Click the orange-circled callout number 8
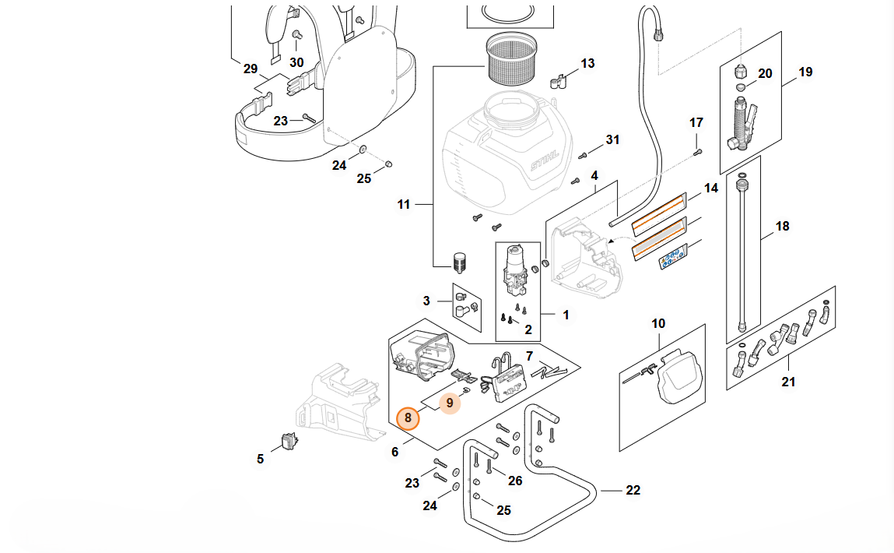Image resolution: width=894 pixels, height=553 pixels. [x=408, y=418]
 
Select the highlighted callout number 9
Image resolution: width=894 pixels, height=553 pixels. [x=450, y=403]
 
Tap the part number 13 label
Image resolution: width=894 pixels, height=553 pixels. [x=587, y=63]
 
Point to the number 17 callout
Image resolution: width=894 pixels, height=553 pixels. [x=696, y=123]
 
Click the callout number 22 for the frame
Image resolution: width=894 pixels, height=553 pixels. [x=633, y=490]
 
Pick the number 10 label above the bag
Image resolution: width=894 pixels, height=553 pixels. [x=658, y=323]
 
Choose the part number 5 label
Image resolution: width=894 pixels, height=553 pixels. [x=261, y=460]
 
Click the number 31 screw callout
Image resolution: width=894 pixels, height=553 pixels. [x=613, y=140]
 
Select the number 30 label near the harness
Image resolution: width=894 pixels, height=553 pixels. [x=296, y=62]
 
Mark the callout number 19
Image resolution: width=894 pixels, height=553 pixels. [x=805, y=72]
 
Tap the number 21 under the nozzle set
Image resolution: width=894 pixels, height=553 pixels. [x=788, y=382]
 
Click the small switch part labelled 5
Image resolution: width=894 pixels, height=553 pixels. [x=291, y=442]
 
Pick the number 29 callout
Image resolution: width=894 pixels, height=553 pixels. [x=250, y=69]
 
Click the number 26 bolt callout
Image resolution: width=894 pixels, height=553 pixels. [x=515, y=481]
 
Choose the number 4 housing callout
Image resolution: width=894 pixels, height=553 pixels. [x=594, y=176]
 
